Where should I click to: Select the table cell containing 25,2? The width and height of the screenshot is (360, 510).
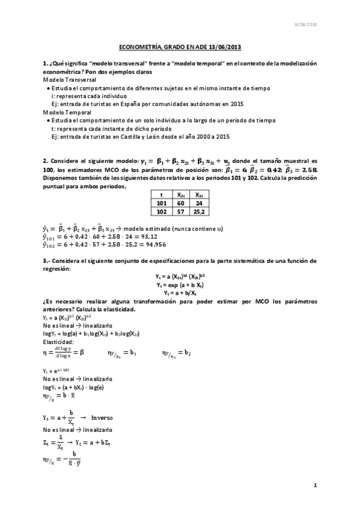tap(198, 212)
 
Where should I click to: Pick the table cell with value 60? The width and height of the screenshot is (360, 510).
tap(180, 203)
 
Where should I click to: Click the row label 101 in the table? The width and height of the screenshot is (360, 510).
tap(161, 203)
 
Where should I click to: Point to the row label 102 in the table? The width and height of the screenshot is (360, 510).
tap(161, 212)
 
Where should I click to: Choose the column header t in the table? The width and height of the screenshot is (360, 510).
tap(161, 195)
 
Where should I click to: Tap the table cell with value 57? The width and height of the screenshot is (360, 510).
tap(180, 212)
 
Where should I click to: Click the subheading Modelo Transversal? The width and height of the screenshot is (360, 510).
tap(67, 79)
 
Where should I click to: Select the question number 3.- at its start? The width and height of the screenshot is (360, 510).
tap(47, 260)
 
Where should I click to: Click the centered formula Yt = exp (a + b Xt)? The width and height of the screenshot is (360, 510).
tap(180, 284)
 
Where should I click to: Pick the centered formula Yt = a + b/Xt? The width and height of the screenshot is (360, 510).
tap(180, 292)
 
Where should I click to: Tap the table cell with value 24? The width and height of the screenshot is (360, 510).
tap(198, 203)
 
